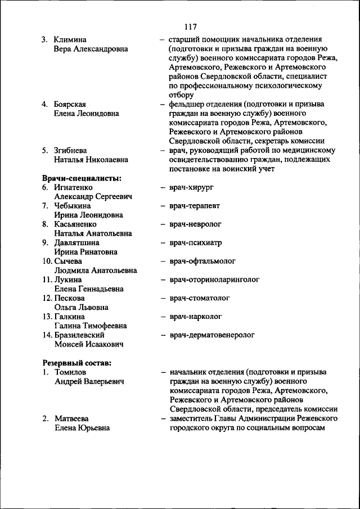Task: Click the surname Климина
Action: (70, 39)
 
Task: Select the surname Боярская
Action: (70, 104)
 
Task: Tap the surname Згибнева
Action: (71, 150)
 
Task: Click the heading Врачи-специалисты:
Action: (82, 178)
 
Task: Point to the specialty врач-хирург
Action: (191, 187)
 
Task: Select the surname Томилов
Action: (70, 372)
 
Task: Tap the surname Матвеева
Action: (72, 418)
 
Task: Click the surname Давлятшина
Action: (77, 242)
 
